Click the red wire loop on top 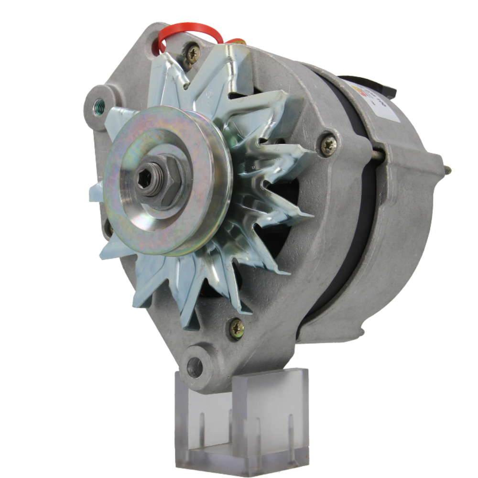click(191, 29)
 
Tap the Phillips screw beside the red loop click(193, 54)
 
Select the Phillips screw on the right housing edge click(328, 145)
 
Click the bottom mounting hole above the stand click(195, 367)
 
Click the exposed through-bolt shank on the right click(378, 154)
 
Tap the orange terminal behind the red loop click(235, 42)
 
